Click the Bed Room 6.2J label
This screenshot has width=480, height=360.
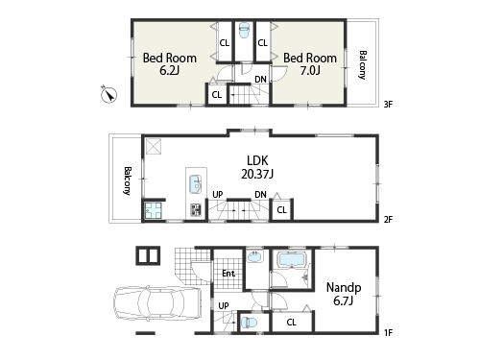[x=170, y=64]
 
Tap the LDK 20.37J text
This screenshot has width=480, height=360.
[x=256, y=167]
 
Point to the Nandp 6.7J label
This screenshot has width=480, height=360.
[x=343, y=294]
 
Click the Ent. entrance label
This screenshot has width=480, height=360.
[x=228, y=274]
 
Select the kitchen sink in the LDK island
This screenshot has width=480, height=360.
[x=195, y=184]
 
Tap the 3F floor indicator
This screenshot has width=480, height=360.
[x=387, y=103]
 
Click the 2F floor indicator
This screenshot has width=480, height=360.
[x=387, y=219]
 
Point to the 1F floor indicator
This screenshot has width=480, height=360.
[x=387, y=332]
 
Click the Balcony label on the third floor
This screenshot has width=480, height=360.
[x=363, y=64]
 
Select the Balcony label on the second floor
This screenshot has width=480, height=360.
[x=127, y=180]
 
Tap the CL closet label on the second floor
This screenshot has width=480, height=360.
[x=281, y=209]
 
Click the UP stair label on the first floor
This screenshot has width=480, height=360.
[x=224, y=306]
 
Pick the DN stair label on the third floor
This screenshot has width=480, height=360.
[x=260, y=80]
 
